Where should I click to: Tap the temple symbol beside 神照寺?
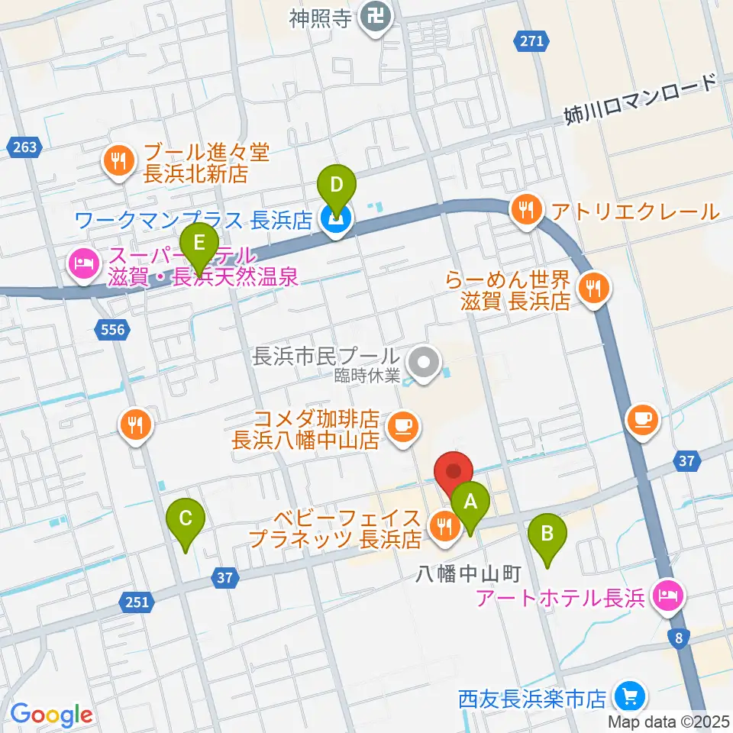pos(375,15)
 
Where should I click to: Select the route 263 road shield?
pos(24,148)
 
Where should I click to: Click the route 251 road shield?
pos(136,602)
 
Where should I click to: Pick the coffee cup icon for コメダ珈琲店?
pos(402,425)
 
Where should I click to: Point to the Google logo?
pos(51,715)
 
